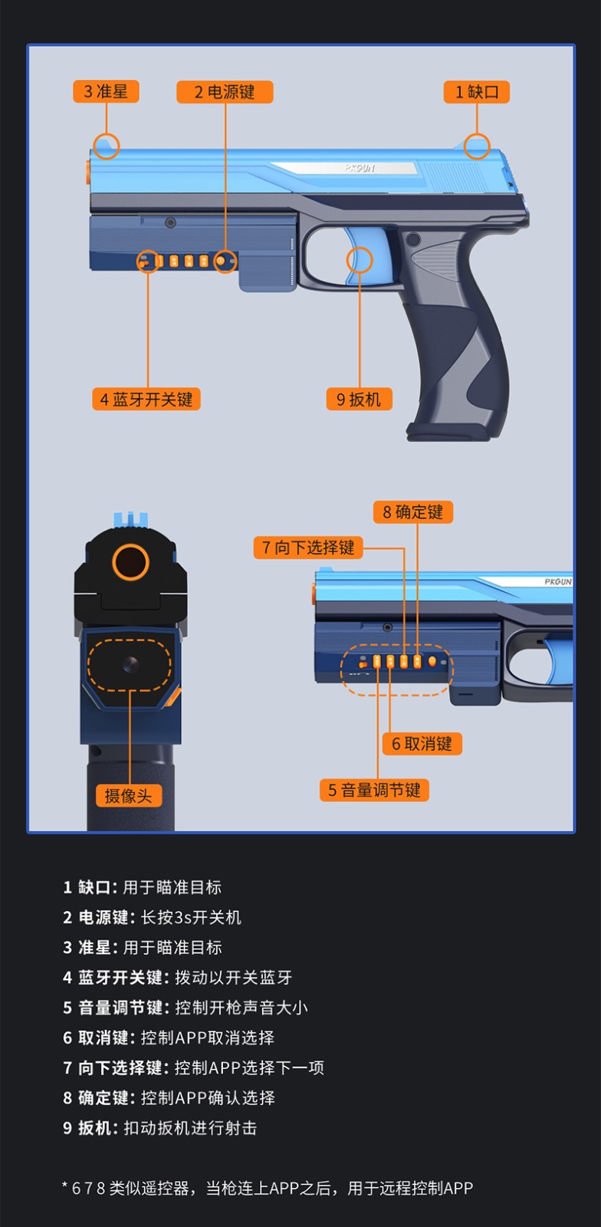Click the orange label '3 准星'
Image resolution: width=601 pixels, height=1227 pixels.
pyautogui.click(x=106, y=91)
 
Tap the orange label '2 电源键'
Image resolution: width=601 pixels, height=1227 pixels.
pyautogui.click(x=225, y=92)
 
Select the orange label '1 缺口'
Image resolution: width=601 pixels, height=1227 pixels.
pyautogui.click(x=477, y=92)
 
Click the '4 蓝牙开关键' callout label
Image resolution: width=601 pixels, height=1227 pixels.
pyautogui.click(x=146, y=399)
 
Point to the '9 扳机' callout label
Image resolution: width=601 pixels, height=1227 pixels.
pyautogui.click(x=359, y=399)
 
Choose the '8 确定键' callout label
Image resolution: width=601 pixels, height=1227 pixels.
pyautogui.click(x=413, y=512)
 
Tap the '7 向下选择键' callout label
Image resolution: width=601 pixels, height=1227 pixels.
pyautogui.click(x=308, y=548)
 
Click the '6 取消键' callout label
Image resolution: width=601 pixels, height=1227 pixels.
pyautogui.click(x=422, y=743)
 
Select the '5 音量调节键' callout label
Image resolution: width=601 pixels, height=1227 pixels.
pyautogui.click(x=374, y=790)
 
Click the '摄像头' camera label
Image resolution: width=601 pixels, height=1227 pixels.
pyautogui.click(x=129, y=795)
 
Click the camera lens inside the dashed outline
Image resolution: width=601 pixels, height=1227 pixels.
pyautogui.click(x=130, y=664)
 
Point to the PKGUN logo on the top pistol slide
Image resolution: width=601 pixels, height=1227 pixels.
pyautogui.click(x=360, y=168)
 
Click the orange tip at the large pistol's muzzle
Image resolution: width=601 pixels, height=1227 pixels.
pyautogui.click(x=87, y=174)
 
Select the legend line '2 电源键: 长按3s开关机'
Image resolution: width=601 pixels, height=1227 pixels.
pyautogui.click(x=152, y=917)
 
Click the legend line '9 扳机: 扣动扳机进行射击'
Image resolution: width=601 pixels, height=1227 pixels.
pyautogui.click(x=159, y=1128)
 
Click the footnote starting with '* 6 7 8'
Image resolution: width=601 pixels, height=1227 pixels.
pyautogui.click(x=267, y=1188)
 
